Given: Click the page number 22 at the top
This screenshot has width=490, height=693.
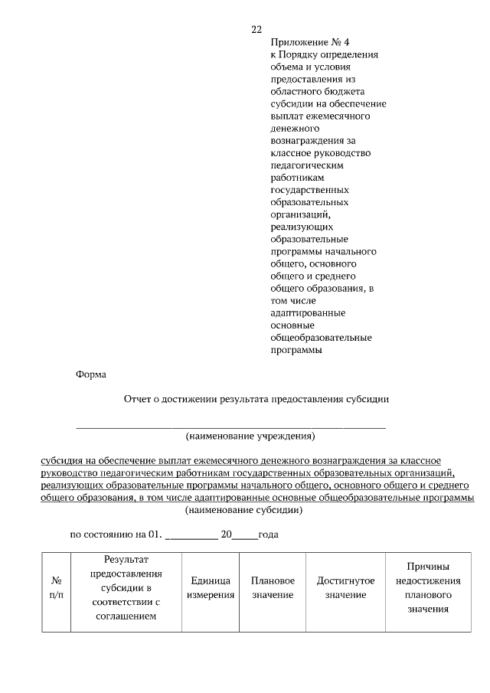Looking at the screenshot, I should click(256, 30).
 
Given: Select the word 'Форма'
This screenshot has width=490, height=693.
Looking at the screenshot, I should click(91, 374).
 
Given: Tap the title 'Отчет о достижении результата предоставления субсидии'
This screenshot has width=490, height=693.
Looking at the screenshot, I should click(256, 399).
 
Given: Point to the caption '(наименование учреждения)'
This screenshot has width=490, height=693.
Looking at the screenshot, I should click(250, 436).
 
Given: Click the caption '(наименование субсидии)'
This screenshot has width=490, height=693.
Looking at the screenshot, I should click(244, 509).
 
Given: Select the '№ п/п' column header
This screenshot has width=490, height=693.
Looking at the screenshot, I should click(56, 588).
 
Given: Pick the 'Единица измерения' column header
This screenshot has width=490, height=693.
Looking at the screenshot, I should click(211, 588).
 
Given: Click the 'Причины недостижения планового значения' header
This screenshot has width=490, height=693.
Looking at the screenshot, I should click(428, 588).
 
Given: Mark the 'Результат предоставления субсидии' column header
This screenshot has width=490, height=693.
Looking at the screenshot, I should click(126, 588).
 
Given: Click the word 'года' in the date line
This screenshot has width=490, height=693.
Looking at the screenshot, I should click(268, 534).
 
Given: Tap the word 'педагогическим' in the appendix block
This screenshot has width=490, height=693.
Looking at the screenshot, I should click(307, 165).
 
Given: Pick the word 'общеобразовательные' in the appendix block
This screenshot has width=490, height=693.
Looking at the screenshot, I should click(322, 338).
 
